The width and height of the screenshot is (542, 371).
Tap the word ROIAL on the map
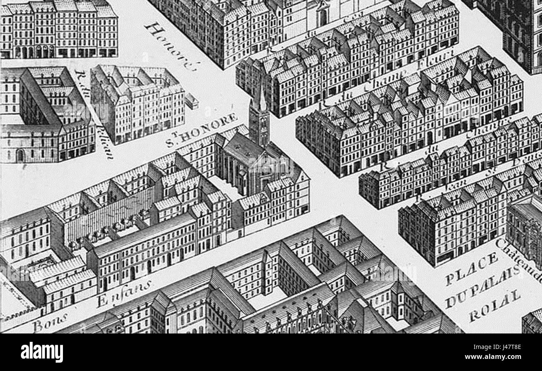(495, 306)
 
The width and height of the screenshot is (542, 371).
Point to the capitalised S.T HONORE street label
(201, 130)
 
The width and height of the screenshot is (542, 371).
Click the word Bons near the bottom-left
(50, 321)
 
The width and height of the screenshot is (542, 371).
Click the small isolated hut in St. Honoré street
(191, 100)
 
